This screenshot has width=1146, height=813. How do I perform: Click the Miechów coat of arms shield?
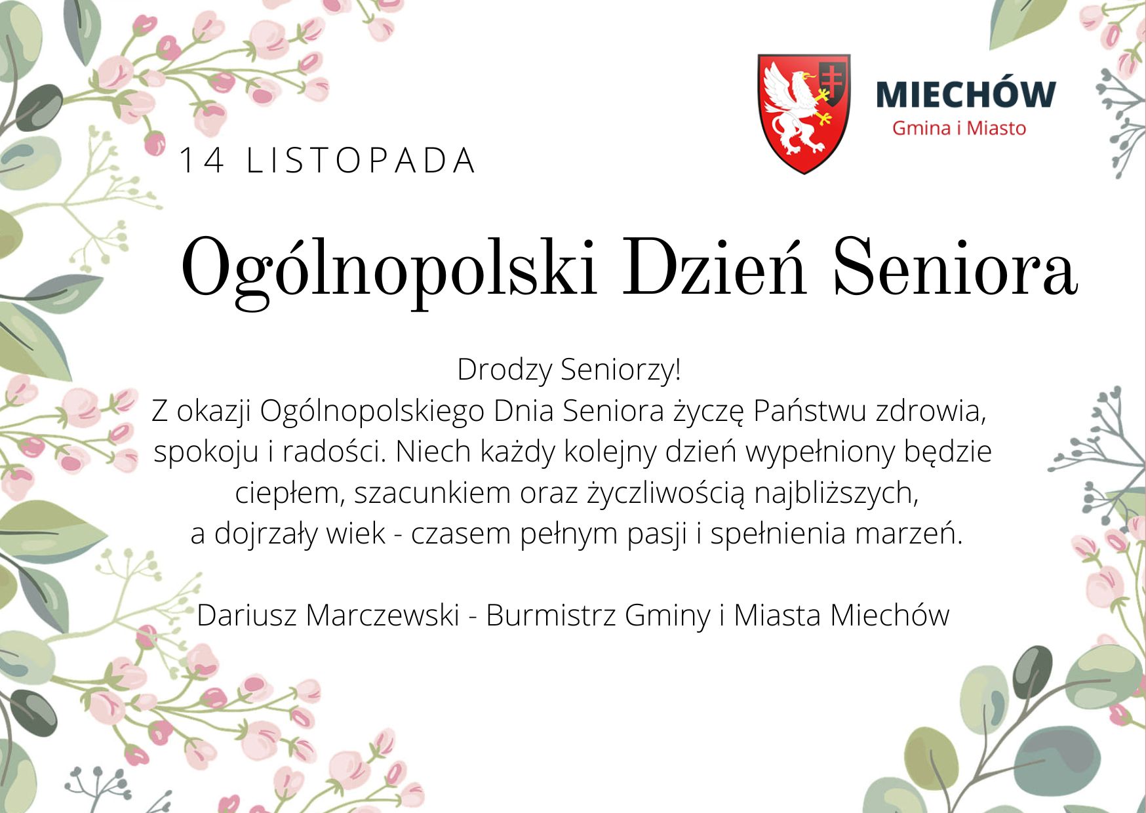804,113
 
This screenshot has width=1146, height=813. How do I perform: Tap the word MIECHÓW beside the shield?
966,94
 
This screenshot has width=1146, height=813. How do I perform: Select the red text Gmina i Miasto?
959,128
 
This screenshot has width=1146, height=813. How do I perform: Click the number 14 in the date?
201,161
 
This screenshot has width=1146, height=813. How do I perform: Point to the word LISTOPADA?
361,161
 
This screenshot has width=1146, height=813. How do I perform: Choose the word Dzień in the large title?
714,266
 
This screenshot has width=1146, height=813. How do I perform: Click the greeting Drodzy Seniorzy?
569,369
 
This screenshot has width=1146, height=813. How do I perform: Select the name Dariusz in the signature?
247,615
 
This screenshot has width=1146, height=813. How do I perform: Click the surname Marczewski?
382,615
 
